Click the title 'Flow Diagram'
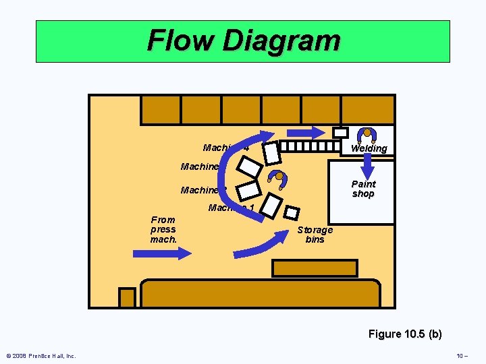coord(244,40)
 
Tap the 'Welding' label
coord(369,148)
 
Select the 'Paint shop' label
coord(363,189)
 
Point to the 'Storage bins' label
coord(315,235)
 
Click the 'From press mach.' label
coord(163,229)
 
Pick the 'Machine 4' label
coord(225,148)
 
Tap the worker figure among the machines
coord(277,178)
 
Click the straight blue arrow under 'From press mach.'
coord(163,253)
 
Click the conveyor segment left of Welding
coord(310,146)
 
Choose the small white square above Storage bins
coord(292,212)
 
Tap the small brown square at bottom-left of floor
coord(127,297)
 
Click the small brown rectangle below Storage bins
coord(315,268)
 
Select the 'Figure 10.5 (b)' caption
coord(405,334)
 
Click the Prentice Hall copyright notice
coord(41,355)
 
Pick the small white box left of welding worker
coord(341,133)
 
